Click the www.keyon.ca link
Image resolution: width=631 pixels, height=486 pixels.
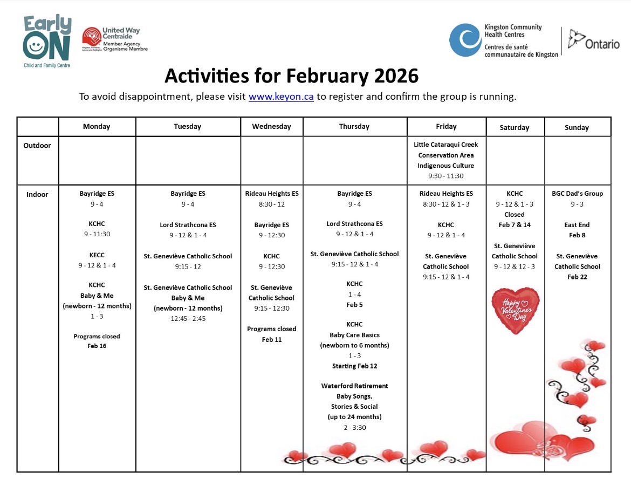pyautogui.click(x=281, y=97)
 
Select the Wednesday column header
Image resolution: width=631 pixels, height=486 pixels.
pyautogui.click(x=271, y=127)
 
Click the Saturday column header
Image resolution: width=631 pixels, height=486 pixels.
pyautogui.click(x=515, y=128)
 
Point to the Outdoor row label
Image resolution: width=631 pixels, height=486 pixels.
pyautogui.click(x=37, y=146)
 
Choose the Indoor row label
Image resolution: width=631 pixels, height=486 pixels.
pyautogui.click(x=37, y=195)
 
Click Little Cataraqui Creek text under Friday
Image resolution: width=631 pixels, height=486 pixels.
pyautogui.click(x=446, y=145)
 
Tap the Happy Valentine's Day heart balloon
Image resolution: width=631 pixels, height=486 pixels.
pyautogui.click(x=515, y=310)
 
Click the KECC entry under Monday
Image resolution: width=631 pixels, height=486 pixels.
pyautogui.click(x=97, y=255)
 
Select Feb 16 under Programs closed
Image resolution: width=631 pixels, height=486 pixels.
pyautogui.click(x=97, y=346)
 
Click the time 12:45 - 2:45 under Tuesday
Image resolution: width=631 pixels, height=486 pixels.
pyautogui.click(x=188, y=319)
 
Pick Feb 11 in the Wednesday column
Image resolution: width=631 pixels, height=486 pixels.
pyautogui.click(x=272, y=340)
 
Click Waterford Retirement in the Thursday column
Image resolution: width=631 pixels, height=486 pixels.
pyautogui.click(x=354, y=386)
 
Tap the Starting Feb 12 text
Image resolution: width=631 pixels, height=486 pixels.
pyautogui.click(x=354, y=366)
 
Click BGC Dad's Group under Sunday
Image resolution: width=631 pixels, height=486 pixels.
pyautogui.click(x=577, y=194)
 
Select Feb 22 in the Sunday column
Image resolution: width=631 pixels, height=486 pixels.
pyautogui.click(x=577, y=277)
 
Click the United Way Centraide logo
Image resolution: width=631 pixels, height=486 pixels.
pyautogui.click(x=114, y=39)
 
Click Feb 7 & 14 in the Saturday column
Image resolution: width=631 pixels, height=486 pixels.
pyautogui.click(x=515, y=225)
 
